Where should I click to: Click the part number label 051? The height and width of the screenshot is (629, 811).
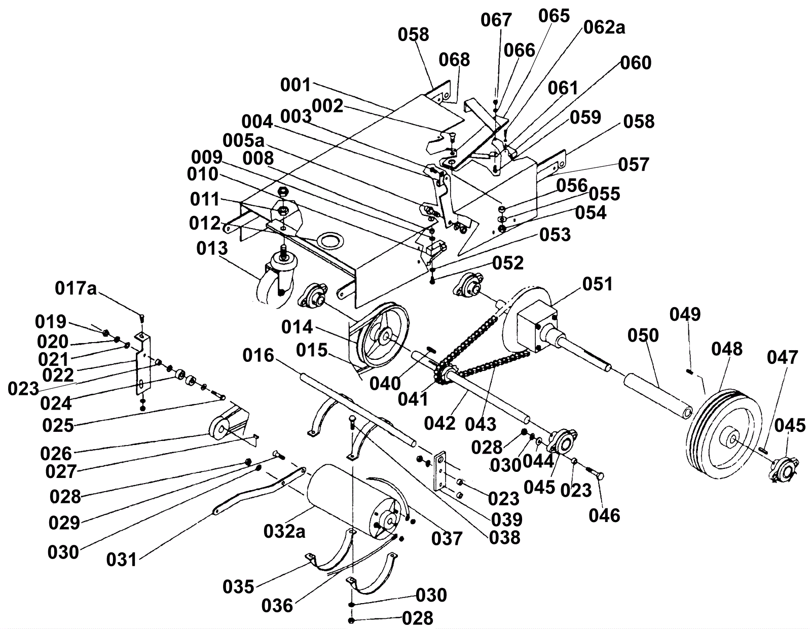point(598,284)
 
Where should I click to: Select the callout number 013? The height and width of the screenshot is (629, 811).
point(212,248)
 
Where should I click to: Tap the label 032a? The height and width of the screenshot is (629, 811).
point(284,531)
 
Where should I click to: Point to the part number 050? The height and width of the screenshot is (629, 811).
point(643,335)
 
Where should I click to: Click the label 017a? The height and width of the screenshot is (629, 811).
point(76,289)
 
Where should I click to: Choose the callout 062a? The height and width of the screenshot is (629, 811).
point(604,27)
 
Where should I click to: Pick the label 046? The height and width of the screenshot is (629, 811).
point(604,515)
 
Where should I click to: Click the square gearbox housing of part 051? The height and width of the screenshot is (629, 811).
point(535,324)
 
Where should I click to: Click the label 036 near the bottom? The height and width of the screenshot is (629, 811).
point(278,605)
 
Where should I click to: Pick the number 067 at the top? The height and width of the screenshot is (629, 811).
point(496,20)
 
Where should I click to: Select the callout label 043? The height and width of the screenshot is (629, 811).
point(481,424)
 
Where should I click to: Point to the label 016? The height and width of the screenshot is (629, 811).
point(258,356)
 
